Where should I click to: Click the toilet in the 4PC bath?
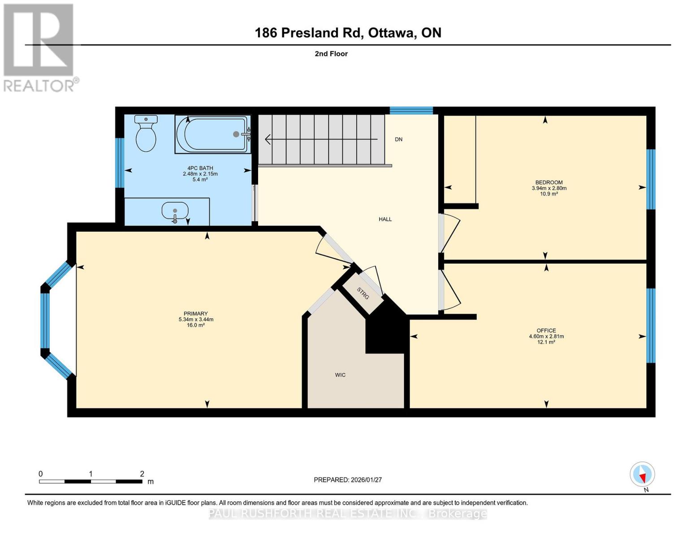(146, 133)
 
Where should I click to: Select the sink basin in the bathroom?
(175, 211)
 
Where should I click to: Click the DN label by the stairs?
(398, 139)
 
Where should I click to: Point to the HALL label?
(385, 219)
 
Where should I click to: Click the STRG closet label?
(363, 293)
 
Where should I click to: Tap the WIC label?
(340, 375)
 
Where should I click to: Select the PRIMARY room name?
(196, 313)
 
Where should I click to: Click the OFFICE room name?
(546, 330)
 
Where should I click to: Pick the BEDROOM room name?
(549, 182)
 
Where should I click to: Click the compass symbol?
(642, 474)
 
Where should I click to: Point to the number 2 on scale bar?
(142, 473)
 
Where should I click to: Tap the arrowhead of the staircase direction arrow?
(268, 139)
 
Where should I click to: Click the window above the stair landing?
(411, 111)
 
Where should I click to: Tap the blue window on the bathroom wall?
(120, 163)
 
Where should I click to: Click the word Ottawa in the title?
(391, 33)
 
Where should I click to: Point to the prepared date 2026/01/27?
(366, 480)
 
